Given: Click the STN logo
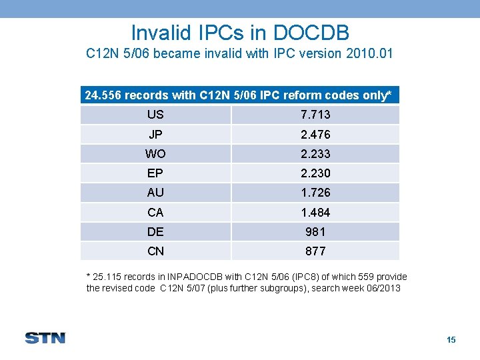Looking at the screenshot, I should pyautogui.click(x=45, y=337).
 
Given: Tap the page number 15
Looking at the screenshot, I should pyautogui.click(x=451, y=340).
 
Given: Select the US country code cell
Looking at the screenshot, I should pyautogui.click(x=155, y=115).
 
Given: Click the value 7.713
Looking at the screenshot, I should pyautogui.click(x=315, y=115).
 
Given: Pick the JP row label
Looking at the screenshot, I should pyautogui.click(x=155, y=135).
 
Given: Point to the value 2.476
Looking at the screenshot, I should pyautogui.click(x=315, y=135).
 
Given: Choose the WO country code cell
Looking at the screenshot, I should pyautogui.click(x=155, y=154).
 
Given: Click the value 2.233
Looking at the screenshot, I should pyautogui.click(x=315, y=154).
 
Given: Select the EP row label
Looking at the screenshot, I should pyautogui.click(x=155, y=173).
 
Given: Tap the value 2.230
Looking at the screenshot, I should pyautogui.click(x=315, y=173).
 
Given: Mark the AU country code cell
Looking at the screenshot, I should pyautogui.click(x=155, y=193).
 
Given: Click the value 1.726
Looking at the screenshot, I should pyautogui.click(x=315, y=193).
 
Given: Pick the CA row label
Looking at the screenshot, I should pyautogui.click(x=155, y=213).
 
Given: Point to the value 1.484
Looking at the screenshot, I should pyautogui.click(x=315, y=213).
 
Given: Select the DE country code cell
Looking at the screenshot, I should pyautogui.click(x=155, y=232).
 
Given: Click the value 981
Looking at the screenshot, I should pyautogui.click(x=315, y=232).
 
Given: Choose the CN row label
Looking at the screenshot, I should pyautogui.click(x=155, y=251).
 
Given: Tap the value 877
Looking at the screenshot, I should pyautogui.click(x=315, y=251).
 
